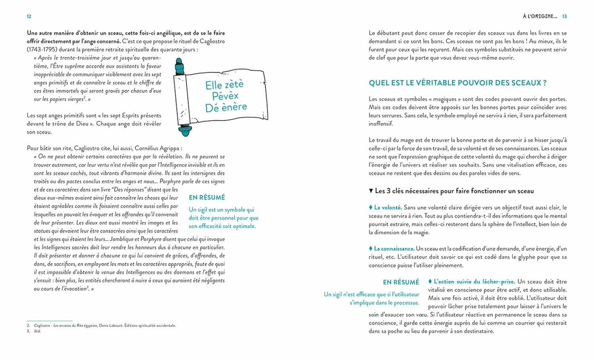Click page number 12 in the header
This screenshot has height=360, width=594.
[x=29, y=16]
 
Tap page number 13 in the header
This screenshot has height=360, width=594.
[x=564, y=16]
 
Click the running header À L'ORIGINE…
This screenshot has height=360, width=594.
[x=540, y=16]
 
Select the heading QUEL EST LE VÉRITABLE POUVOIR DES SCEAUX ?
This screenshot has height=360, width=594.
[x=457, y=83]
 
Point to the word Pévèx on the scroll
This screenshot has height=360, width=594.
[x=225, y=96]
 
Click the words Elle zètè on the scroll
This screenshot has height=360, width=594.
[x=224, y=84]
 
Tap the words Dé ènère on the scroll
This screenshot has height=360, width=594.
[x=226, y=107]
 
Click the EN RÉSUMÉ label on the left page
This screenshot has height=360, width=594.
[x=207, y=197]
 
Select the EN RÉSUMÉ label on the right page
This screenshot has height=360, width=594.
[x=401, y=282]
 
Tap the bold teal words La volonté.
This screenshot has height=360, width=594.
[x=388, y=207]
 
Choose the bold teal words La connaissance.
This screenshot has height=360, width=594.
[x=394, y=249]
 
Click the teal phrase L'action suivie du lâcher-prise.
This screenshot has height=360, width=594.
[x=474, y=282]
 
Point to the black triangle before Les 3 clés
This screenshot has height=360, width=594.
[x=371, y=191]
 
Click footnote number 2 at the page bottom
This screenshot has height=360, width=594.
[x=29, y=326]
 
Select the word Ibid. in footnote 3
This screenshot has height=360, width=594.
[x=37, y=331]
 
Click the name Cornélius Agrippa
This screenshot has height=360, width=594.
[x=158, y=148]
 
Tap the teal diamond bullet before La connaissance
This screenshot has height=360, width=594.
[x=371, y=248]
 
